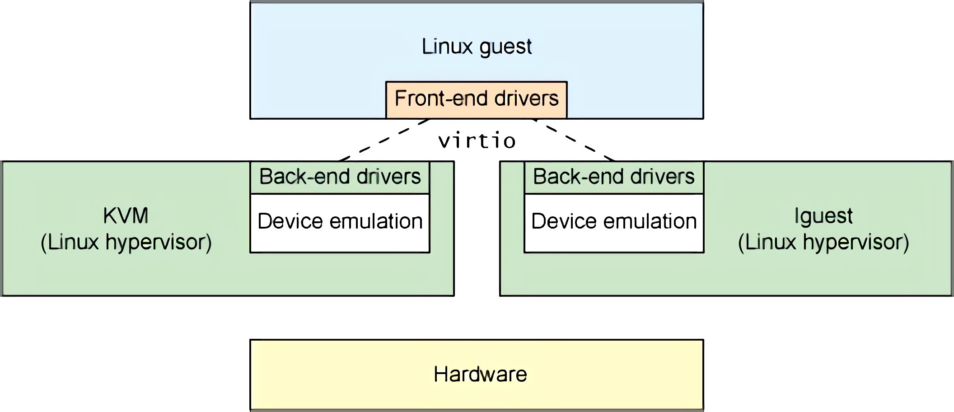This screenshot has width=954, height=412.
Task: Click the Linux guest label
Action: coord(477,47)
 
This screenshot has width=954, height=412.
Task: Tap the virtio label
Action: coord(477,141)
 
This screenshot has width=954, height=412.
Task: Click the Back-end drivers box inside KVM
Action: coord(340,177)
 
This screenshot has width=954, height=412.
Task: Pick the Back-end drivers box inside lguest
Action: coord(613,177)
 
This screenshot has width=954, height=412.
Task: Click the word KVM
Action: coord(126,216)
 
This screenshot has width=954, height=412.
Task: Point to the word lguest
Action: coord(823,216)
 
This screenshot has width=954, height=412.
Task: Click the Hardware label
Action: coord(480,375)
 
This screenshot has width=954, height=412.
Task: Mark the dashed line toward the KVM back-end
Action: coord(384,140)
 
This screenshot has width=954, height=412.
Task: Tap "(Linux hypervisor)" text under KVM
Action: coord(126,243)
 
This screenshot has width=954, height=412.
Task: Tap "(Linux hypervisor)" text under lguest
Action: coord(823,243)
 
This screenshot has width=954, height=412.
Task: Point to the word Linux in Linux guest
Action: coord(447,47)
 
